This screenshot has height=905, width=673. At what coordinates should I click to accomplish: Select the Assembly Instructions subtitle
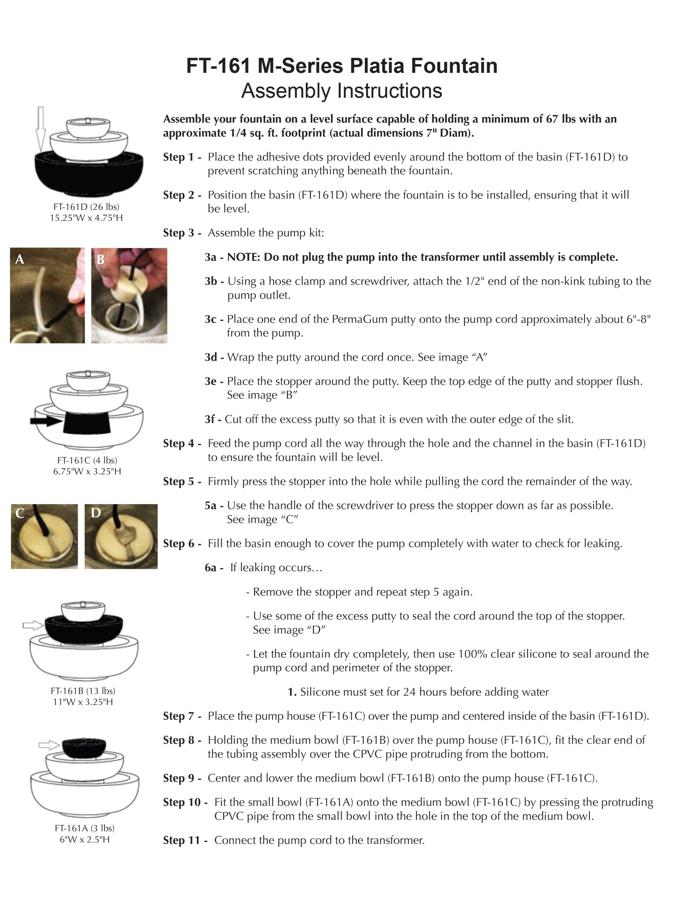point(341,91)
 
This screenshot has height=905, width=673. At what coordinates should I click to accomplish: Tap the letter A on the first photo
point(19,259)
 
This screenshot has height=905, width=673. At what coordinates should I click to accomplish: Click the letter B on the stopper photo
point(101,259)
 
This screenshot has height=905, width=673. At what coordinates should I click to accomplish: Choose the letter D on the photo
point(96,513)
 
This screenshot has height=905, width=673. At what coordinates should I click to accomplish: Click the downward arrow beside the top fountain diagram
point(40,128)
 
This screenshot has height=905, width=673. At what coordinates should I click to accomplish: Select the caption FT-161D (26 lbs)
point(86,207)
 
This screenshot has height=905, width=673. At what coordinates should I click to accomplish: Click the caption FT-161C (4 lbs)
point(87,460)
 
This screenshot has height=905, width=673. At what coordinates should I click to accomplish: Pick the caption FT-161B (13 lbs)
point(83,691)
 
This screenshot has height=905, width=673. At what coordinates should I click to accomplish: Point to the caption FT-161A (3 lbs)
point(85,828)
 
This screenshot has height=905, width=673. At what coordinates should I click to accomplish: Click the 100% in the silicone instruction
point(473,654)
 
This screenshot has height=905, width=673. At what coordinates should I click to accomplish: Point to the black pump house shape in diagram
point(87,422)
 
